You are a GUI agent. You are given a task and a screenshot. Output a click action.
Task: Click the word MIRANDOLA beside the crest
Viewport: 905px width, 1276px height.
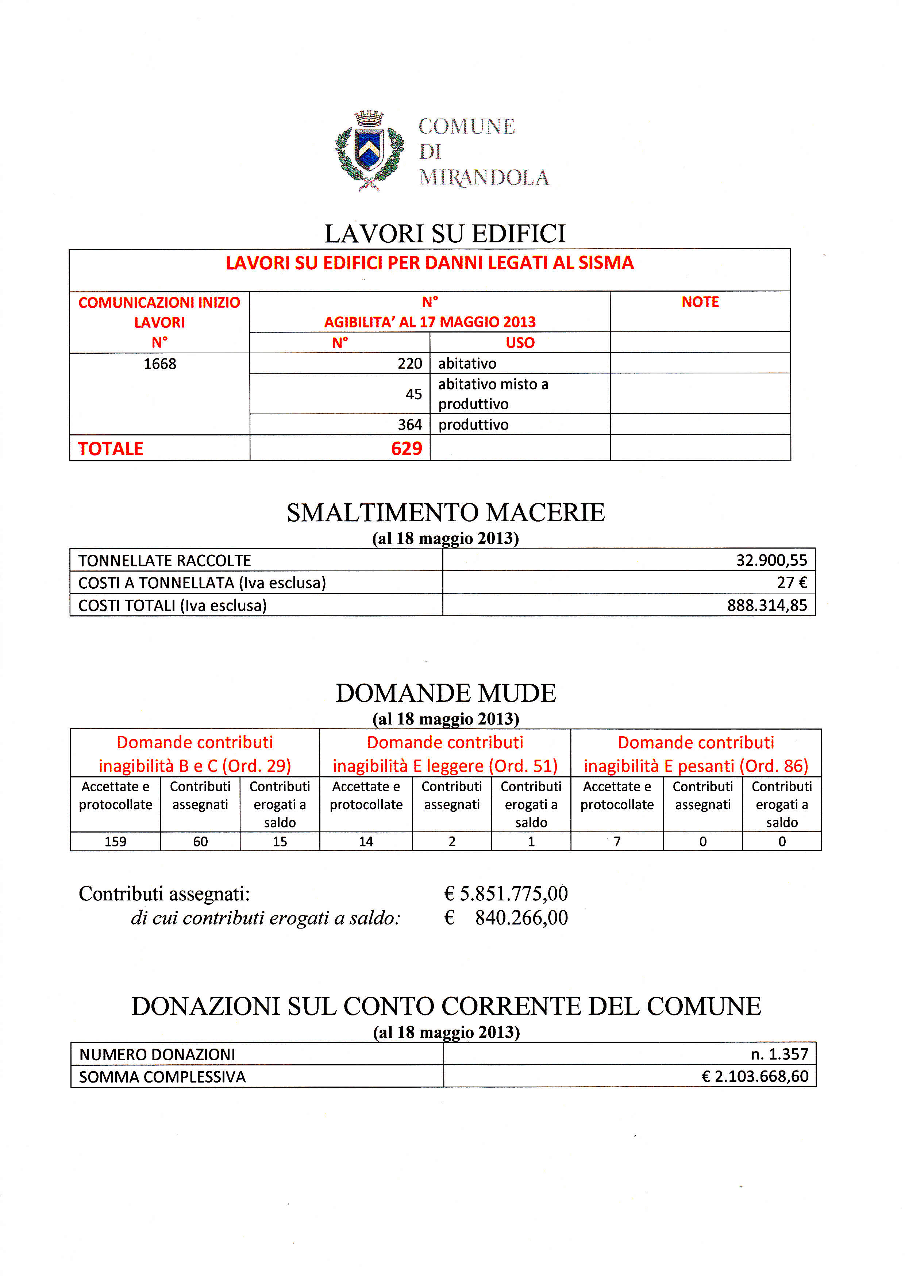click(x=484, y=177)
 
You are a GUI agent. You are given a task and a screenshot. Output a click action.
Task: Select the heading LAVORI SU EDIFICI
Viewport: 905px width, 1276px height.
click(x=445, y=234)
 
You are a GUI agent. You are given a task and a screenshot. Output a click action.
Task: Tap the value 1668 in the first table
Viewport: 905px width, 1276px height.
click(x=160, y=364)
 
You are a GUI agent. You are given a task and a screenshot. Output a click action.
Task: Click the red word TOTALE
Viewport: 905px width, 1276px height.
click(x=110, y=449)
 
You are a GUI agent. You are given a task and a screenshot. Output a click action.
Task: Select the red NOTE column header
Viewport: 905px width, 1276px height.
click(x=700, y=302)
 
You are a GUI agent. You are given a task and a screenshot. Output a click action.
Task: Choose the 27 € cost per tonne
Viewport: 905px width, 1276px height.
click(x=792, y=582)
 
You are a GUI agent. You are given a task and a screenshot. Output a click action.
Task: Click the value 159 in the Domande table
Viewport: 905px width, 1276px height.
click(x=115, y=841)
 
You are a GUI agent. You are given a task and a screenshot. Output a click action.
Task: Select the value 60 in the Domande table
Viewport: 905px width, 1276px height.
click(x=200, y=841)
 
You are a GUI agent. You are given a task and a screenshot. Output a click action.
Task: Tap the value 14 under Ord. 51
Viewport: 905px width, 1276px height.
click(x=366, y=841)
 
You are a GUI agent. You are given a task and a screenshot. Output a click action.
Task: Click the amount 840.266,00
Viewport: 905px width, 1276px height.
click(x=521, y=918)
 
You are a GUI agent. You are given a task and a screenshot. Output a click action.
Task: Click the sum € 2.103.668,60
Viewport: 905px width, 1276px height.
click(x=755, y=1076)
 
